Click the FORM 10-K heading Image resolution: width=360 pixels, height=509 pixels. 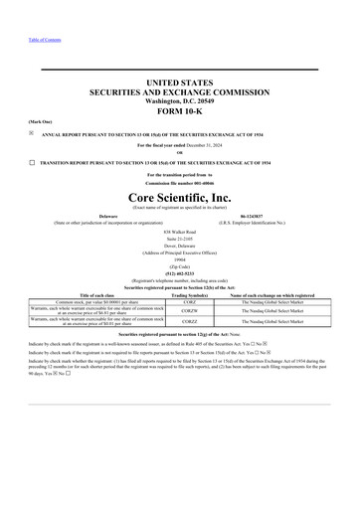pyautogui.click(x=179, y=111)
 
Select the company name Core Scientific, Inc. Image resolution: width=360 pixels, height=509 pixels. pyautogui.click(x=179, y=198)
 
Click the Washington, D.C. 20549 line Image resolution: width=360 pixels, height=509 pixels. pyautogui.click(x=179, y=99)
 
